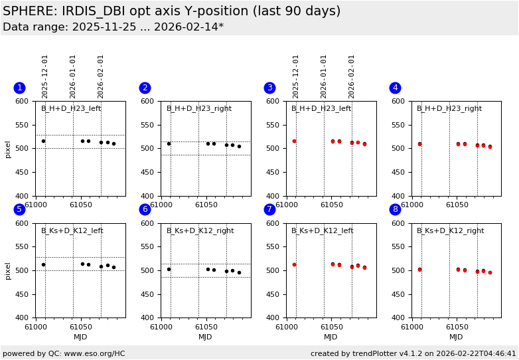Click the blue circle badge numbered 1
(x=19, y=88)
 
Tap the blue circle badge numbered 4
(x=395, y=88)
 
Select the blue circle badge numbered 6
(x=145, y=209)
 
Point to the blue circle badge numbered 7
(x=269, y=209)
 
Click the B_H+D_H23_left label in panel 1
(x=71, y=109)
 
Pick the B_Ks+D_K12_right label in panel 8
(x=450, y=231)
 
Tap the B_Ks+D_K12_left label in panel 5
(x=72, y=231)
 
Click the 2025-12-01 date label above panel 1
(x=45, y=76)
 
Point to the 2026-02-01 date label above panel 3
(x=352, y=76)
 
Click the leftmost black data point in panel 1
(x=44, y=141)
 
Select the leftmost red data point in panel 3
(x=294, y=141)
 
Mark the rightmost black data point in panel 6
(x=239, y=272)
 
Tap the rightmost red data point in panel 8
(x=490, y=272)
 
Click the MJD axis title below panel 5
(x=80, y=337)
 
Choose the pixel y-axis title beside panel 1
(x=9, y=149)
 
